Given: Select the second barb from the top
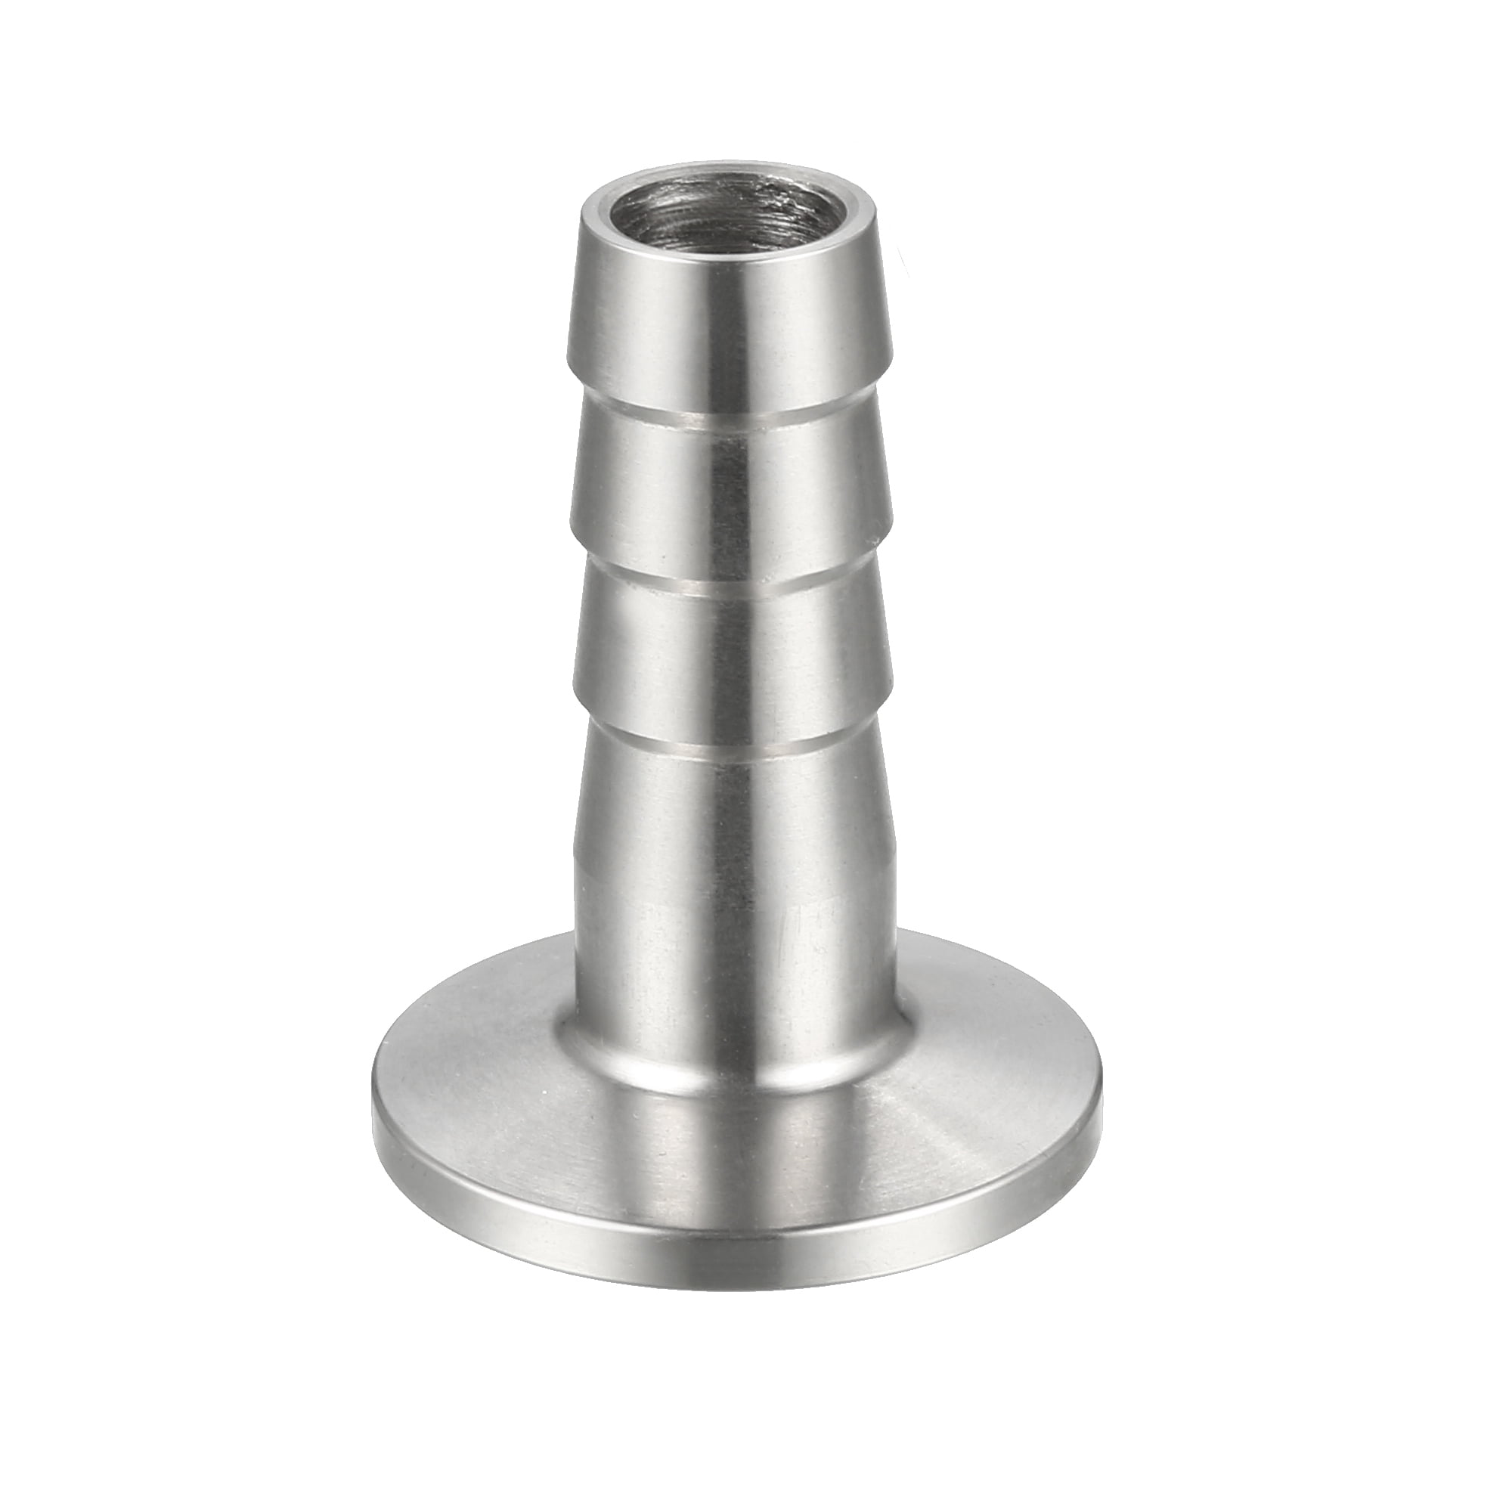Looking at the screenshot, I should (x=728, y=493).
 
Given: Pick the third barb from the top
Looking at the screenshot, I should (x=728, y=649).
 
